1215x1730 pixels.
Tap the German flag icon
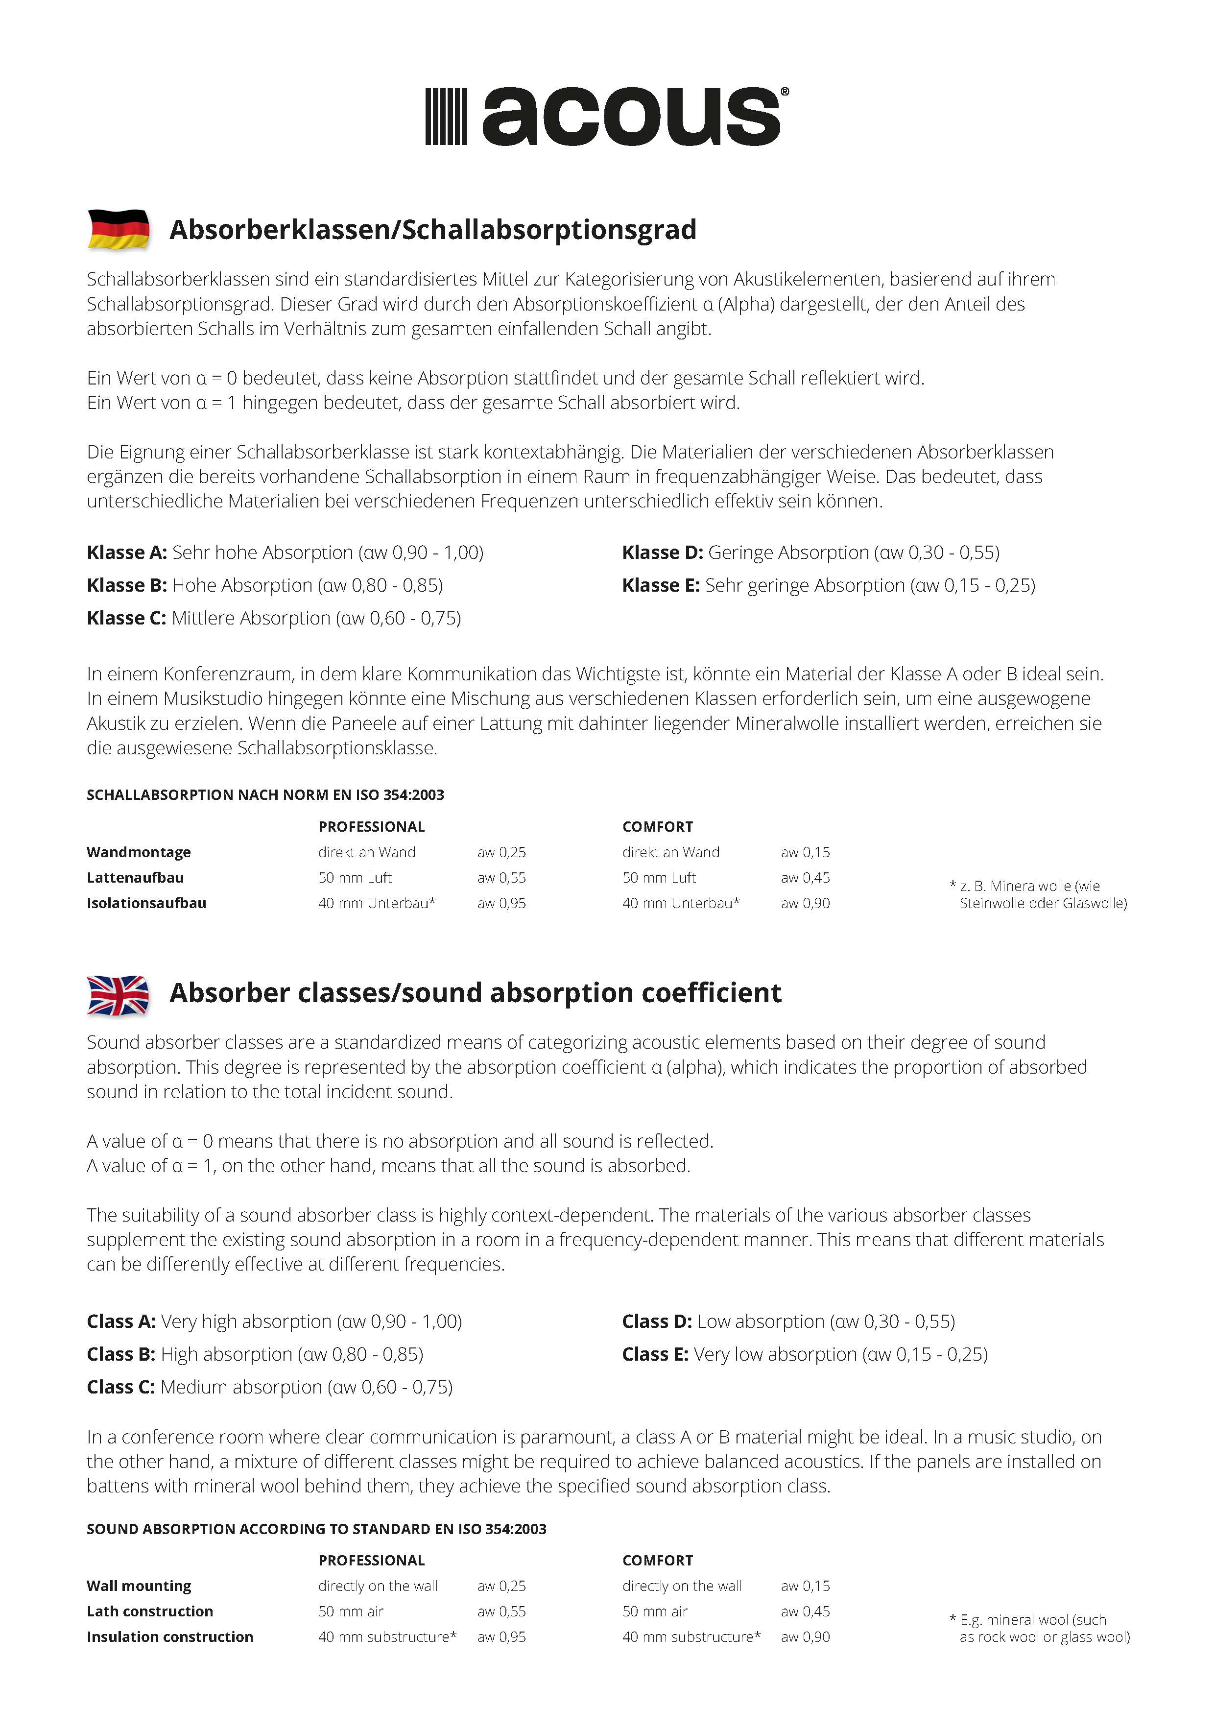click(118, 229)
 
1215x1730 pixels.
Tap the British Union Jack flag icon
click(118, 995)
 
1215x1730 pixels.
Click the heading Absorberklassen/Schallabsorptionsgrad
click(432, 230)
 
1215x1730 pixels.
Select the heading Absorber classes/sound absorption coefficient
click(476, 993)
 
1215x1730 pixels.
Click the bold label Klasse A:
click(126, 553)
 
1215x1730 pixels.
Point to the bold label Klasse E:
click(661, 585)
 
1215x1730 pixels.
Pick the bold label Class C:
click(120, 1387)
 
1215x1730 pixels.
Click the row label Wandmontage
click(139, 852)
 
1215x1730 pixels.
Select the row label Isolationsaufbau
click(146, 903)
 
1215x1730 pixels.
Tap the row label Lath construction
click(150, 1611)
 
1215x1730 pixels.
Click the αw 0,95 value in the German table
click(501, 903)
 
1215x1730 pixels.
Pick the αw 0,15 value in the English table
click(805, 1586)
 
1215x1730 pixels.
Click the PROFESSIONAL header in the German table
click(371, 827)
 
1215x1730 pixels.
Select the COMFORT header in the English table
click(658, 1561)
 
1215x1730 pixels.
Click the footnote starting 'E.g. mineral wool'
click(1040, 1628)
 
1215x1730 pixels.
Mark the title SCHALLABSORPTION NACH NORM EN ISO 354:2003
click(265, 795)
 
